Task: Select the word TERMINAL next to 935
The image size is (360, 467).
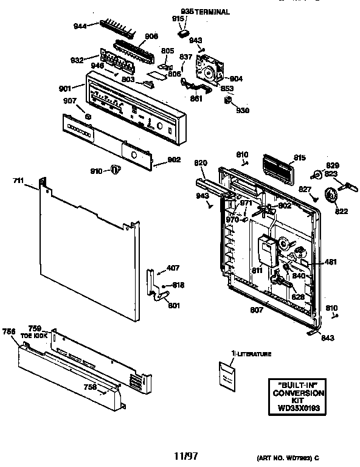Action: (x=213, y=12)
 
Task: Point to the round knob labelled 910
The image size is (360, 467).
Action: (x=114, y=170)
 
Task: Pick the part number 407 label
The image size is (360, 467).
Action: (x=173, y=268)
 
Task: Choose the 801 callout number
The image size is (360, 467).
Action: (x=175, y=305)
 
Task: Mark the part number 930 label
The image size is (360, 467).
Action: (x=243, y=110)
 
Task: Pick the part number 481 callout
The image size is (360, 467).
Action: (x=331, y=263)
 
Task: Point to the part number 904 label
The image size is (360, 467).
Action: (x=236, y=78)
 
